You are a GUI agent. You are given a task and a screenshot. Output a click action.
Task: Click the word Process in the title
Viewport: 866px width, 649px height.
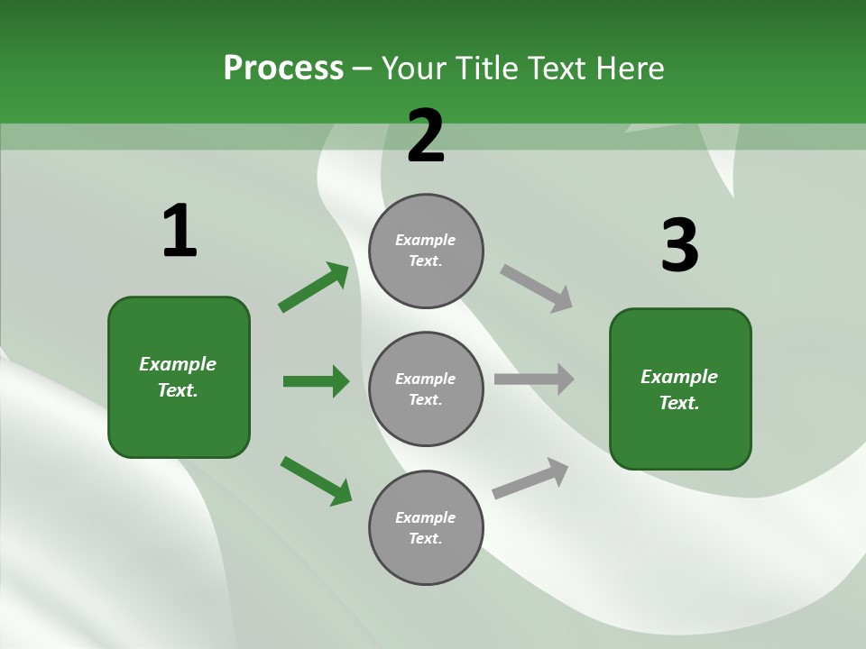(x=283, y=69)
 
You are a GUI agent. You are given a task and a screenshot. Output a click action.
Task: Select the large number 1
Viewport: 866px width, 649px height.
(x=180, y=231)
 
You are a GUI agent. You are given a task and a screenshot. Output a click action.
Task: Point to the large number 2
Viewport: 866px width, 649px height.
(x=426, y=136)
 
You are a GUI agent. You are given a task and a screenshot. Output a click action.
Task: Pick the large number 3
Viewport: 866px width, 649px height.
(x=679, y=245)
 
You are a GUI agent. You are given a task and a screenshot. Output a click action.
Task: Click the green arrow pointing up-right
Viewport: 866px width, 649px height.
(x=313, y=288)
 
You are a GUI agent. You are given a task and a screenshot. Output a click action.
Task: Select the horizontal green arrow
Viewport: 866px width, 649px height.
(x=316, y=381)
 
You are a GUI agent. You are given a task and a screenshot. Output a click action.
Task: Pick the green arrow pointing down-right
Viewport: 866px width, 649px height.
(x=316, y=480)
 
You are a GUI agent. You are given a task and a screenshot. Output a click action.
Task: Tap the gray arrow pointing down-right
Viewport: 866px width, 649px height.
(x=536, y=288)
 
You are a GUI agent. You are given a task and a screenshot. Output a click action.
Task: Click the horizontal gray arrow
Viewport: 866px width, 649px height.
(x=534, y=379)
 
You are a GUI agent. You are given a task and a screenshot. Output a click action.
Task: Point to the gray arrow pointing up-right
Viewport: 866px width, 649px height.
(x=530, y=478)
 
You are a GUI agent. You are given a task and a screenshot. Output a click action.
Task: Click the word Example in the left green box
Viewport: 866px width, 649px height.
(x=178, y=364)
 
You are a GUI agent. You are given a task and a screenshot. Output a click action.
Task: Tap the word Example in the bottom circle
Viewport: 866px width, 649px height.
(x=426, y=517)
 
